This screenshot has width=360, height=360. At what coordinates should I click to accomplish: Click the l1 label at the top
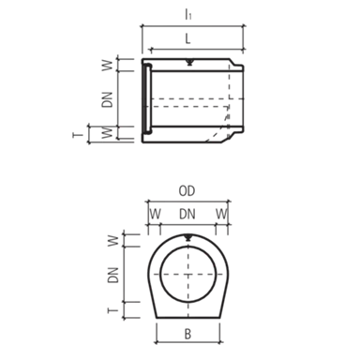pos(187,14)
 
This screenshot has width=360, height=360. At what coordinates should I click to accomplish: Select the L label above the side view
pos(187,39)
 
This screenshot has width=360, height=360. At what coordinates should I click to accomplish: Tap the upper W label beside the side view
pos(107,66)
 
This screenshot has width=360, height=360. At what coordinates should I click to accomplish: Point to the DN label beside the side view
pos(107,99)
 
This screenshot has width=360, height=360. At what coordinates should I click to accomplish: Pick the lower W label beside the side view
pos(107,132)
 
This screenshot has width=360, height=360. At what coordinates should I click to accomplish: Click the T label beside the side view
pos(78,135)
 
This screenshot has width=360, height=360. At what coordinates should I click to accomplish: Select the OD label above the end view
pos(187,190)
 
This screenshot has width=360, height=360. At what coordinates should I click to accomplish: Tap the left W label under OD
pos(155,214)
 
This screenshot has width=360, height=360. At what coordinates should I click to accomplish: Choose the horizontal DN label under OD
pos(187,214)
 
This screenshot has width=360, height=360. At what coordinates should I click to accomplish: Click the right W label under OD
pos(221,214)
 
